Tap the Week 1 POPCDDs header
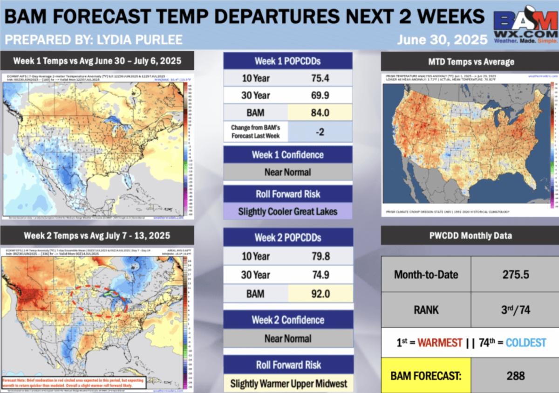287,61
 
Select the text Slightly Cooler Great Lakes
287,211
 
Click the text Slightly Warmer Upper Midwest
288,384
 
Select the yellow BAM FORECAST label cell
426,375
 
